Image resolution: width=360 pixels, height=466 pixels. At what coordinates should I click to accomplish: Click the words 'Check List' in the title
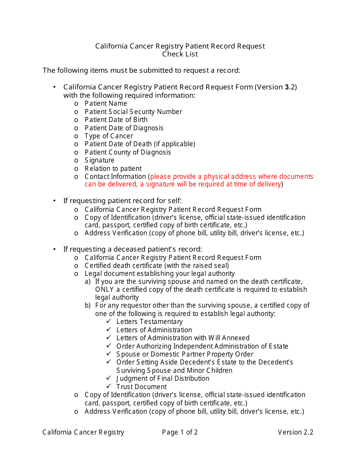[180, 54]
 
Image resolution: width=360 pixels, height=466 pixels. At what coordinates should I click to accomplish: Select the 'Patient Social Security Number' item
[133, 112]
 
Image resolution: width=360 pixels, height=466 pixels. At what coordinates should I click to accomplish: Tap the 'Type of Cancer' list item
[109, 136]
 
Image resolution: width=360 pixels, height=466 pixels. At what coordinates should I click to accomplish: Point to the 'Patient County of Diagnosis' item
[128, 152]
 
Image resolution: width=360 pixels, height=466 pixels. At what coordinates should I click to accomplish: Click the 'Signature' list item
[99, 160]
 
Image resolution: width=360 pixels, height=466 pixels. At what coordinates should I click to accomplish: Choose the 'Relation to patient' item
[113, 169]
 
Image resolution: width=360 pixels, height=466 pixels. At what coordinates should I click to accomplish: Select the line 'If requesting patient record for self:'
[122, 201]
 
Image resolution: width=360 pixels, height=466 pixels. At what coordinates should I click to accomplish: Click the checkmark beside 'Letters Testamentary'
[109, 322]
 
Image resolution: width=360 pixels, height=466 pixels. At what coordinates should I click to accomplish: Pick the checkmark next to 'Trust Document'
[109, 386]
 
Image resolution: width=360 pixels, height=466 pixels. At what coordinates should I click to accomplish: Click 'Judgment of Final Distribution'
[163, 378]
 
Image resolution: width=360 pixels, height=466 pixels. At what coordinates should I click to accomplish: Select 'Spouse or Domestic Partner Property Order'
[185, 354]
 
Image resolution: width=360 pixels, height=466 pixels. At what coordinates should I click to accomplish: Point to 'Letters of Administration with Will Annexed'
[183, 338]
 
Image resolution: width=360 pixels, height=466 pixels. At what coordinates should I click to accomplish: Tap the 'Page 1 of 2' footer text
[180, 432]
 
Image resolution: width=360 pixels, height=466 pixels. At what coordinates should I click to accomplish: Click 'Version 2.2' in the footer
[295, 432]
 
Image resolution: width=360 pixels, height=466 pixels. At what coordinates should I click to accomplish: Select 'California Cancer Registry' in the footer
[83, 432]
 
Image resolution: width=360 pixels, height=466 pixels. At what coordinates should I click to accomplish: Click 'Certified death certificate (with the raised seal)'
[157, 266]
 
